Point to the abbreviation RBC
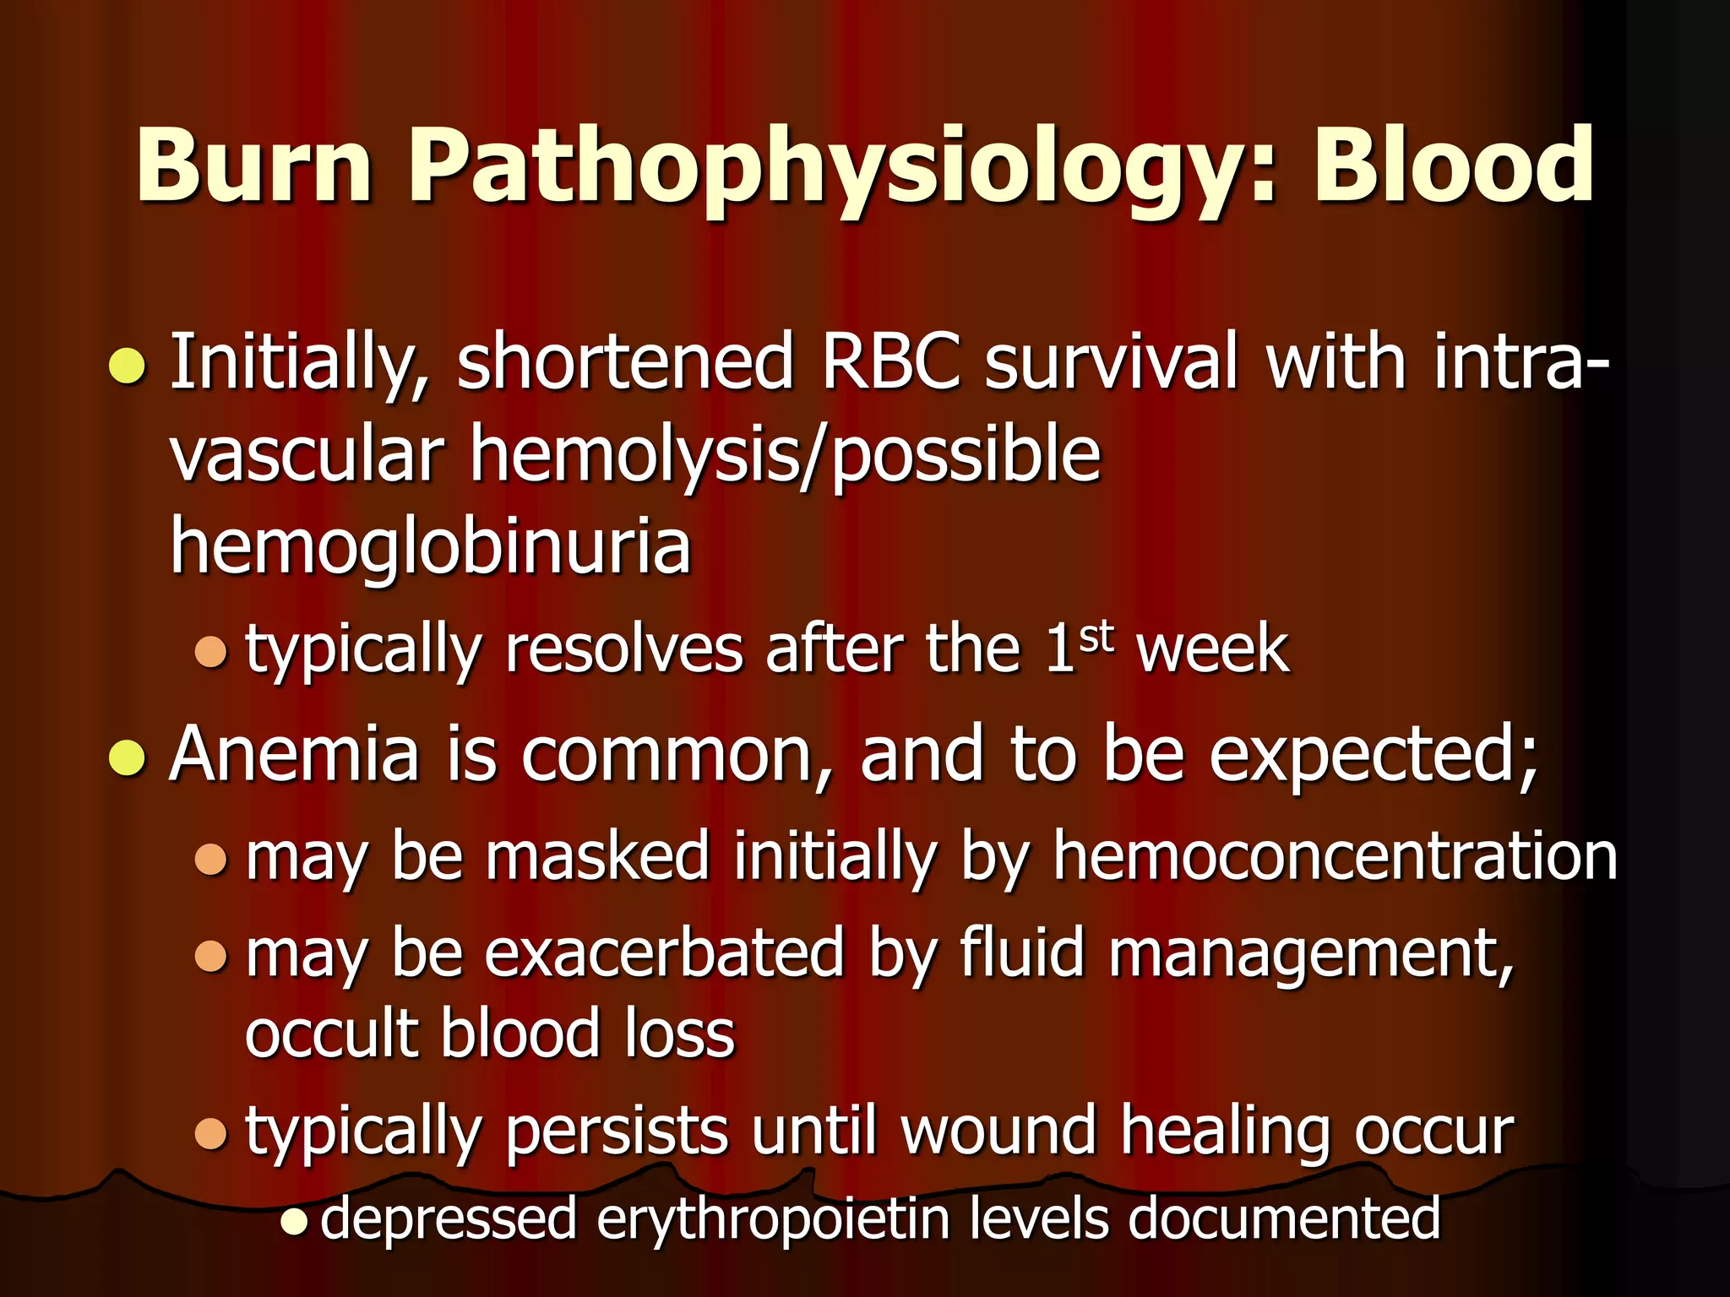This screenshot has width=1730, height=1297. [891, 363]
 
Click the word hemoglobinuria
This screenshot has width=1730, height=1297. [431, 547]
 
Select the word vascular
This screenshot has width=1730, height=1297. [307, 456]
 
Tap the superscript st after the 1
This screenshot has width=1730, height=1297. [1096, 638]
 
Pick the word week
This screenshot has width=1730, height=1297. [1213, 650]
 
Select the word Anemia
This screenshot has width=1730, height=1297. [295, 754]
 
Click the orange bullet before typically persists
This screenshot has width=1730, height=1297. [210, 1133]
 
